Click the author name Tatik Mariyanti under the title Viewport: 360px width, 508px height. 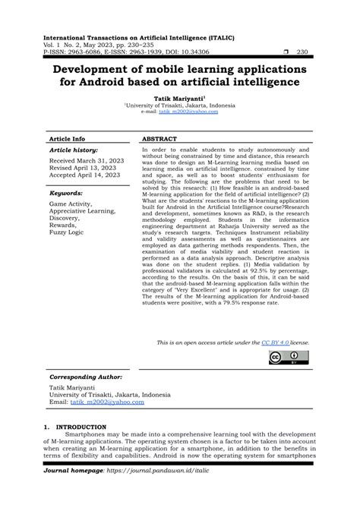pos(178,99)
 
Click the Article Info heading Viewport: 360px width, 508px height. pos(67,140)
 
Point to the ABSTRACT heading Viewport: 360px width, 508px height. pos(159,140)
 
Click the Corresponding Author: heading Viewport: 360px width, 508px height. pos(85,377)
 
